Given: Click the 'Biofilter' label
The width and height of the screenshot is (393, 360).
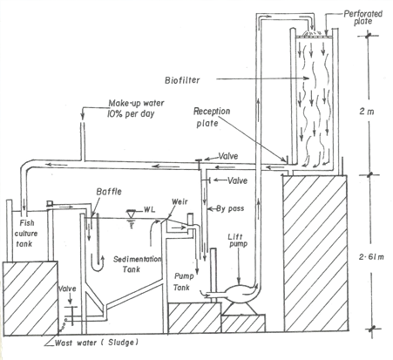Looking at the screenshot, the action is (182, 80).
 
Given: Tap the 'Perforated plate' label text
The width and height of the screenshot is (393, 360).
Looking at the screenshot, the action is (363, 17).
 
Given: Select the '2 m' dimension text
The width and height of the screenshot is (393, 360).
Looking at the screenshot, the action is (367, 112).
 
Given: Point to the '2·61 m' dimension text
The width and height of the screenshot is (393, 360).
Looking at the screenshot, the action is (371, 257).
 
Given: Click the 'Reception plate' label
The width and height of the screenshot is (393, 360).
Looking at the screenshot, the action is (212, 117).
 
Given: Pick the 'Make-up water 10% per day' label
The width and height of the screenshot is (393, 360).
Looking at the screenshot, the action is (136, 108).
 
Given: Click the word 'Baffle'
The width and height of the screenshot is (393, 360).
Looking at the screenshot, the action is (109, 192).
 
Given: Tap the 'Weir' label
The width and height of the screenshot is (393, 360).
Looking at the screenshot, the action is (180, 201).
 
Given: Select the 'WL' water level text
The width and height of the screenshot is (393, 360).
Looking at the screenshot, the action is (149, 209).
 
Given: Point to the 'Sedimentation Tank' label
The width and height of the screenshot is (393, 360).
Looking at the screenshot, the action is (137, 264).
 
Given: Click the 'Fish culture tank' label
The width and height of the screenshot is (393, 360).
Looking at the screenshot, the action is (25, 234).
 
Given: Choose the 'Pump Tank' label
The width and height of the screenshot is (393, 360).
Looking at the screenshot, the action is (182, 282).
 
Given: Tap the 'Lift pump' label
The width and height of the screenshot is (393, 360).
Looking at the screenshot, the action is (237, 241).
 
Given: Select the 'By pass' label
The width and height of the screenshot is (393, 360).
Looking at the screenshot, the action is (230, 208).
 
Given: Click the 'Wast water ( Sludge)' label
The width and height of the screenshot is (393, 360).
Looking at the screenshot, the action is (96, 343).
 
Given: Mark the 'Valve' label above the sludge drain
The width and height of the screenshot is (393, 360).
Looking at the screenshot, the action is (67, 289).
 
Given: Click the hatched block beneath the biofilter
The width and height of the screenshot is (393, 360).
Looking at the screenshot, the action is (315, 253).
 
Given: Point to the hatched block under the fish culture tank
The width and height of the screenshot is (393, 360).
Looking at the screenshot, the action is (30, 298).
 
